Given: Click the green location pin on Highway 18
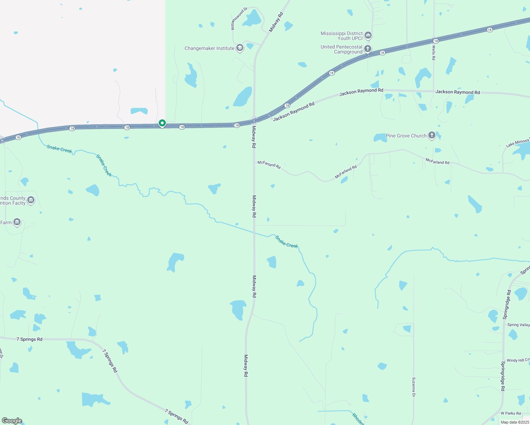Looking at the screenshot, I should (x=162, y=123).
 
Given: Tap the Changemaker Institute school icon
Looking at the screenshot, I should (x=240, y=48).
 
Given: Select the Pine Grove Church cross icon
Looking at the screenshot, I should (x=432, y=135).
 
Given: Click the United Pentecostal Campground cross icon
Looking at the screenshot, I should (x=368, y=49).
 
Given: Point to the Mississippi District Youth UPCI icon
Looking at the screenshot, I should (x=368, y=35).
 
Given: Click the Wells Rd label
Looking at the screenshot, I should (x=434, y=53).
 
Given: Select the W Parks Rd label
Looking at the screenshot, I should (x=511, y=413).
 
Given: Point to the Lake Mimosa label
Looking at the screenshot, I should (x=518, y=142).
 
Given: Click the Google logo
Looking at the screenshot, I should (x=12, y=421).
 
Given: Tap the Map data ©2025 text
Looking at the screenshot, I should (x=515, y=422).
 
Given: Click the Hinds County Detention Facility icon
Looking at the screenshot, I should (x=31, y=200).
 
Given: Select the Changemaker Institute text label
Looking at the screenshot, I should (x=209, y=48).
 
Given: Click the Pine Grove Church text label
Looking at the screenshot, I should (x=406, y=136).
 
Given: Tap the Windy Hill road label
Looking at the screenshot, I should (x=518, y=360).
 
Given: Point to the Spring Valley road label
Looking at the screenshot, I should (x=518, y=325).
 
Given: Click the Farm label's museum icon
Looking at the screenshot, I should (x=17, y=222).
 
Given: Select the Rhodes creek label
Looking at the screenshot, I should (x=358, y=419).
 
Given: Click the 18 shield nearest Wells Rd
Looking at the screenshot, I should (x=436, y=41).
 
